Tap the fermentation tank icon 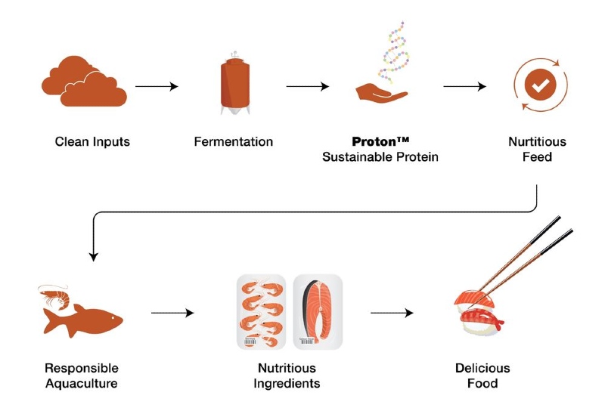233,84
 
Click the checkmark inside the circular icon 538,87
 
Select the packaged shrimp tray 262,312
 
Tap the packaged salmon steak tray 318,312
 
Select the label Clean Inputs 92,141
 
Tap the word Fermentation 234,141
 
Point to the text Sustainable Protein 380,157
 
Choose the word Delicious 482,368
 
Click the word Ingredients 287,384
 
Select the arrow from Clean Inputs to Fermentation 157,87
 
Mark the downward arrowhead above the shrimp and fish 93,256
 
